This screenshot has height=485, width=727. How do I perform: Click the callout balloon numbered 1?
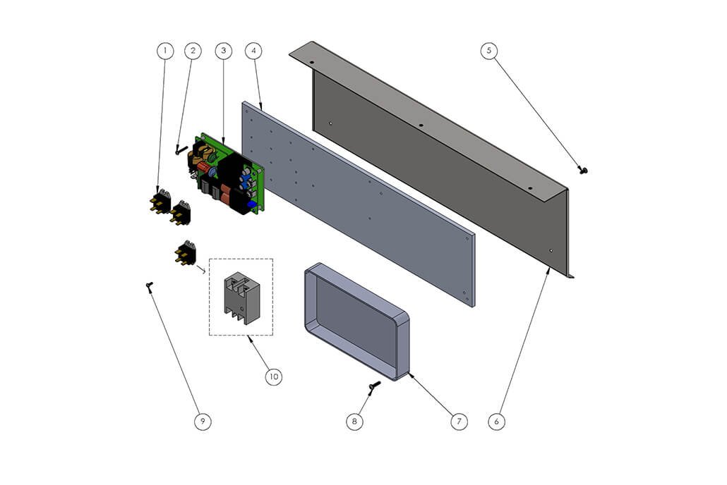[165, 51]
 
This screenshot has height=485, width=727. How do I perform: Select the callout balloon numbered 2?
[193, 51]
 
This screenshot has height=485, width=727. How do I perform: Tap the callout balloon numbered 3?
[224, 51]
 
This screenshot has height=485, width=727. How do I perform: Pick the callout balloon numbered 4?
[253, 51]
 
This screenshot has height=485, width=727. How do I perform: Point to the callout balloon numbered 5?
[488, 51]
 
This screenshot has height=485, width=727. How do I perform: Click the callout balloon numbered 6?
[497, 421]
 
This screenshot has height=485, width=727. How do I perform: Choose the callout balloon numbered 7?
[459, 421]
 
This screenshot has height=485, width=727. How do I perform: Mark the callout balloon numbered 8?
[355, 421]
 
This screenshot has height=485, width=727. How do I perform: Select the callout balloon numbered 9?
[203, 421]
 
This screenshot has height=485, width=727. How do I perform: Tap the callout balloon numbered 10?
[274, 376]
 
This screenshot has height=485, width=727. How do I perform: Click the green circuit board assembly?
[226, 175]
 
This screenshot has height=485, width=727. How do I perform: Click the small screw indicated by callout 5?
[583, 171]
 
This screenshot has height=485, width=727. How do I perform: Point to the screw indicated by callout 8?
[374, 387]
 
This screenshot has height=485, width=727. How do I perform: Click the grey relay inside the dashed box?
[240, 297]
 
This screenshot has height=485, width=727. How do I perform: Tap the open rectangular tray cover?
[356, 321]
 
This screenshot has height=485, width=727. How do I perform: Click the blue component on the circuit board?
[252, 204]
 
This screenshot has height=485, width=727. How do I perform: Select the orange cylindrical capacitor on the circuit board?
[204, 166]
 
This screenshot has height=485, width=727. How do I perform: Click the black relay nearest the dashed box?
[186, 253]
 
